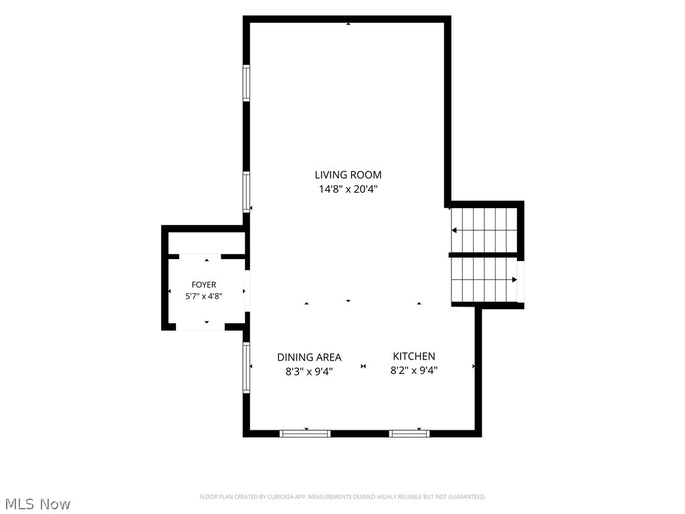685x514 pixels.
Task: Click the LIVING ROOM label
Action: coord(348,175)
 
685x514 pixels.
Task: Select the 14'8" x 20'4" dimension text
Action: coord(348,189)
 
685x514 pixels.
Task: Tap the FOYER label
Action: coord(204,284)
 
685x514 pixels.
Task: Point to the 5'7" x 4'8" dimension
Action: coord(204,296)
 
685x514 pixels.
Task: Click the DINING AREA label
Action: coord(309,357)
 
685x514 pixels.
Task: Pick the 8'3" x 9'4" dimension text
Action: coord(309,371)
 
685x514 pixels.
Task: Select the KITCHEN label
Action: coord(414,356)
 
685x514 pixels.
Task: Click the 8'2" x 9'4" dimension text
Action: coord(414,371)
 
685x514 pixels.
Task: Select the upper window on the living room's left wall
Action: coord(246,83)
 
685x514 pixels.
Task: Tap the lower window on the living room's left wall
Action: coord(246,192)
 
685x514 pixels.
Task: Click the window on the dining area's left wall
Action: coord(246,367)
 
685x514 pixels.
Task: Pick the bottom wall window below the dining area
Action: coord(305,434)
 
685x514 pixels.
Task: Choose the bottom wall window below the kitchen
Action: coord(409,434)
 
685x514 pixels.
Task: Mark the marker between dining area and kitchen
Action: coord(363,366)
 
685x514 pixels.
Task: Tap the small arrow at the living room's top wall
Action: coord(348,23)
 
